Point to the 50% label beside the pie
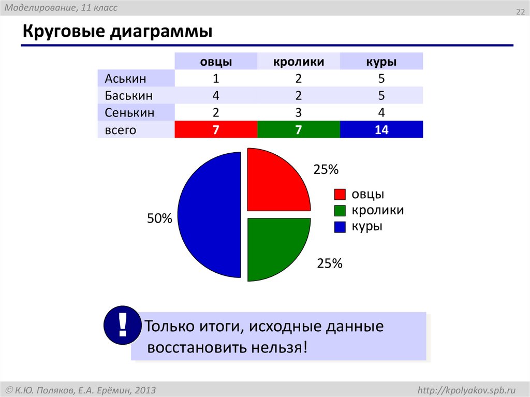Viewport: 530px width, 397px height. click(159, 219)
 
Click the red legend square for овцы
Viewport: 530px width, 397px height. click(340, 195)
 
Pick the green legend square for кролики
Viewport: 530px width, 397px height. click(340, 211)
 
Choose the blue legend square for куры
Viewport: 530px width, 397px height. click(340, 227)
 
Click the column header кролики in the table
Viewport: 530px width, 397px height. click(299, 62)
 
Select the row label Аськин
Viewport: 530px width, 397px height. click(126, 79)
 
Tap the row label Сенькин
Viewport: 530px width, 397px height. click(130, 113)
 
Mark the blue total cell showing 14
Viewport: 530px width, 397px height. click(381, 130)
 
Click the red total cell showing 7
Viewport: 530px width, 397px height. click(216, 130)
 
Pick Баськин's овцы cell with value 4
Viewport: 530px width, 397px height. click(216, 96)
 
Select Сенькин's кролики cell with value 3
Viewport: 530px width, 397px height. click(299, 113)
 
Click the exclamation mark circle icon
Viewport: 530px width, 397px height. click(122, 325)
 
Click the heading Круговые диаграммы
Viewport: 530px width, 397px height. click(117, 32)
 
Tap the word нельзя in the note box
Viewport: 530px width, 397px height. click(283, 347)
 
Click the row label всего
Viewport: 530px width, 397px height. click(121, 130)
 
